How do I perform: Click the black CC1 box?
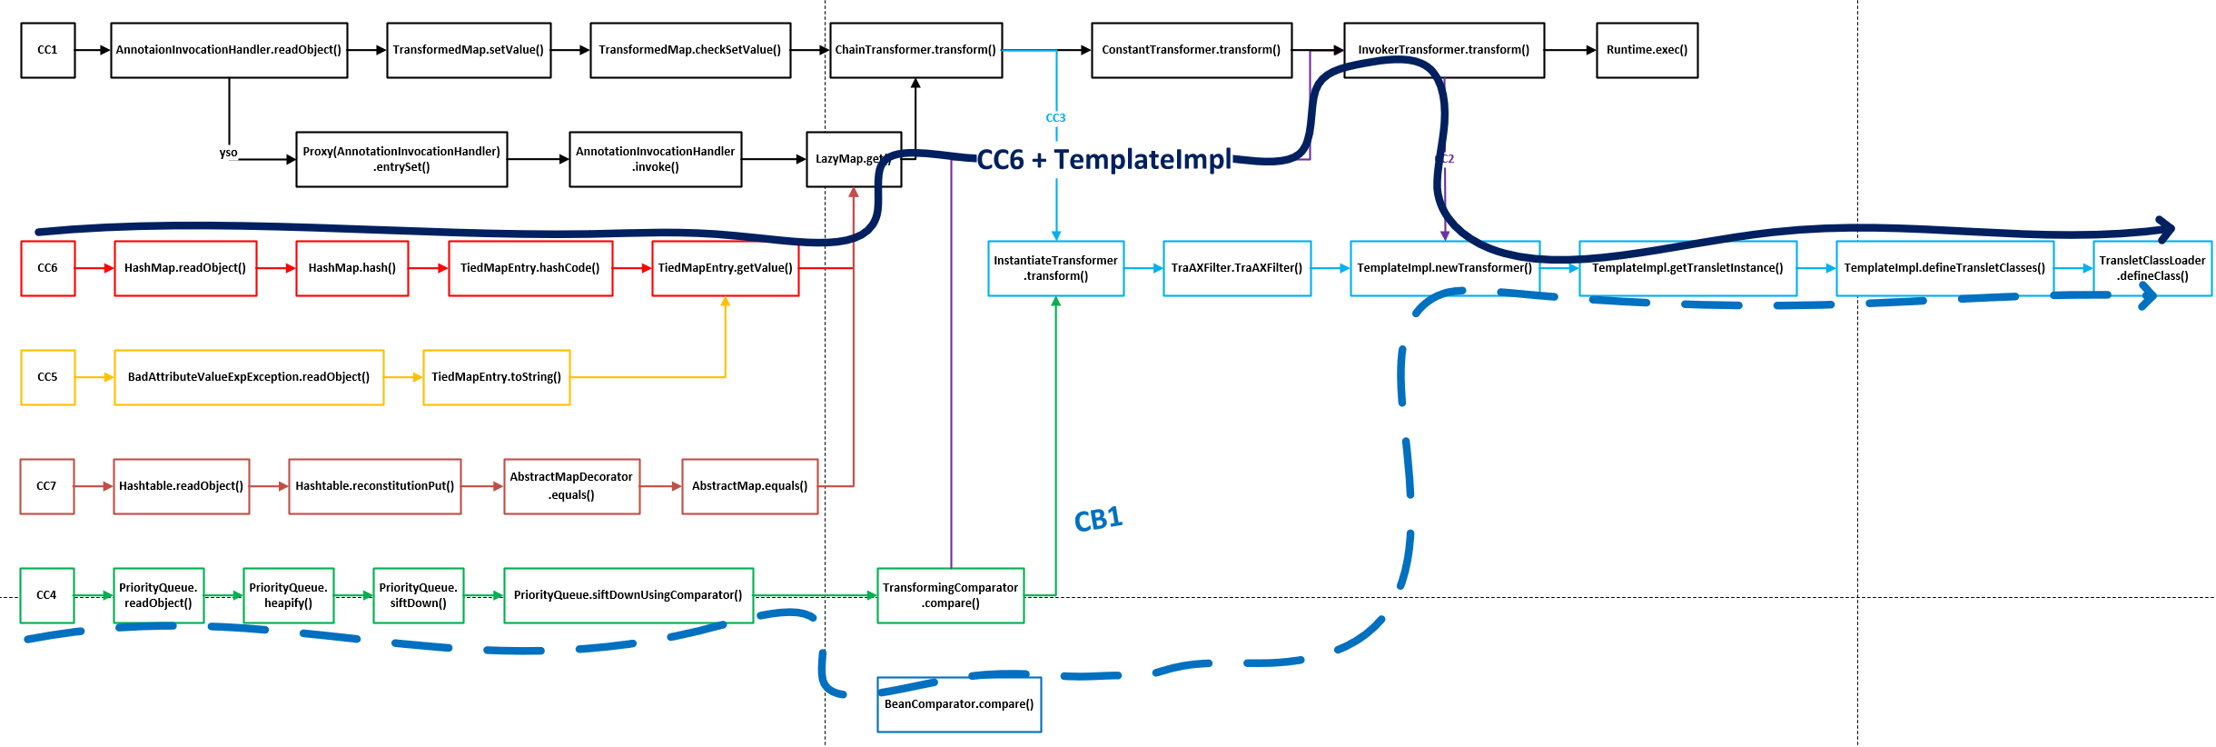click(x=47, y=50)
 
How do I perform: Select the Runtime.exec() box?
click(x=1647, y=50)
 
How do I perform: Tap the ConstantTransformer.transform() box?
click(x=1191, y=50)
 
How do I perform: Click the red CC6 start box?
click(x=47, y=268)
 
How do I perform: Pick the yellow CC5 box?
click(x=47, y=377)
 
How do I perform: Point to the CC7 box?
click(x=46, y=486)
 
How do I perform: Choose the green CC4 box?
click(x=46, y=595)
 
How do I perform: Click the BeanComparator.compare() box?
click(x=958, y=704)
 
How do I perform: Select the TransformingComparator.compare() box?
click(x=950, y=595)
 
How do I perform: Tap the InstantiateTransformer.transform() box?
click(x=1055, y=268)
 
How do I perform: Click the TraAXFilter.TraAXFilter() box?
click(x=1236, y=268)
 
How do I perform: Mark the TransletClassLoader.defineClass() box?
click(x=2152, y=268)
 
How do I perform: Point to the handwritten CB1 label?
click(x=1098, y=520)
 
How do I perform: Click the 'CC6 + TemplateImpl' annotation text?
click(x=1103, y=160)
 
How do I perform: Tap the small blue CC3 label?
click(x=1055, y=118)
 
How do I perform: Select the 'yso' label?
click(x=228, y=153)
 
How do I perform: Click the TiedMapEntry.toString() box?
click(x=496, y=377)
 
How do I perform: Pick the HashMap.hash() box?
click(x=351, y=268)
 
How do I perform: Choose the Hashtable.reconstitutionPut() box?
click(x=374, y=486)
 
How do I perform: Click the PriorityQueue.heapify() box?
click(x=288, y=595)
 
